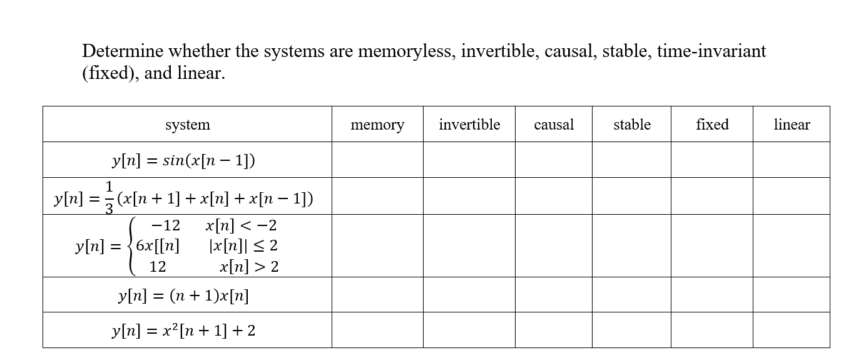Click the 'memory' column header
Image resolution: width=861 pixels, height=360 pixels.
coord(377,125)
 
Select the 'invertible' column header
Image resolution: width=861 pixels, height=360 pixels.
coord(469,125)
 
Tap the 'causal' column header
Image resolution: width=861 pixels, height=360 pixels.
coord(554,125)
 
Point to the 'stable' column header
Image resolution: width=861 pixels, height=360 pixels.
coord(632,125)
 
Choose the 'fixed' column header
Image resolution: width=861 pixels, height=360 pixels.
coord(712,125)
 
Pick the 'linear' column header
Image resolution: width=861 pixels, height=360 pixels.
coord(792,125)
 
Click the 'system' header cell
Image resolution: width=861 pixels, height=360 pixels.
coord(187,125)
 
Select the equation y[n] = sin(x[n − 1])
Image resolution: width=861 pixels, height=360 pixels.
coord(183,160)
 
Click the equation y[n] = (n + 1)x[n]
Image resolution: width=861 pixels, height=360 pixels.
coord(183,295)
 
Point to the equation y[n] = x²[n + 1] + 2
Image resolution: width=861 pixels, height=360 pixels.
coord(183,330)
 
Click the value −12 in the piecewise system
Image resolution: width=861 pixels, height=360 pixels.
coord(166,225)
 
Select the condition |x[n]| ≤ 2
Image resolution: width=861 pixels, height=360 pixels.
coord(243,246)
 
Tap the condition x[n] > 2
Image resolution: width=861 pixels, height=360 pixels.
coord(249,267)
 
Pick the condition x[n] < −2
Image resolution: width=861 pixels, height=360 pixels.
coord(241,225)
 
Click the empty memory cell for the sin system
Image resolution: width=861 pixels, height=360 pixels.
coord(377,160)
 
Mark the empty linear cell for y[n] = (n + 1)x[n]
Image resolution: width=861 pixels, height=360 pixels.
coord(792,295)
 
